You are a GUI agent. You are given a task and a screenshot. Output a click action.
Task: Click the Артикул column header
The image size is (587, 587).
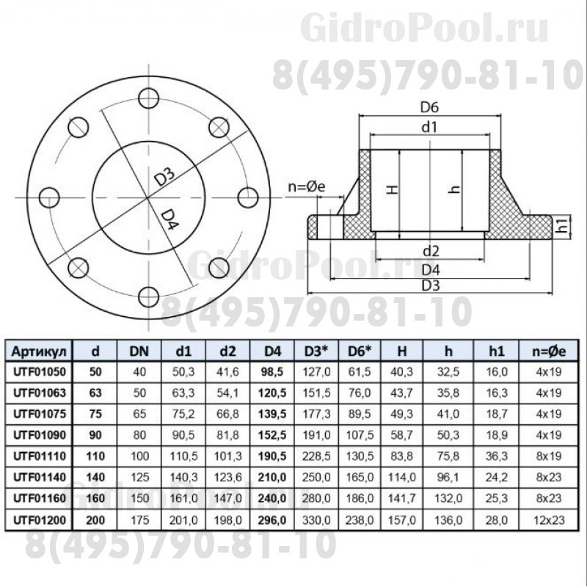pyautogui.click(x=39, y=351)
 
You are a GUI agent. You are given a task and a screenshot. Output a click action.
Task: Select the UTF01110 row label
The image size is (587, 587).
pyautogui.click(x=40, y=456)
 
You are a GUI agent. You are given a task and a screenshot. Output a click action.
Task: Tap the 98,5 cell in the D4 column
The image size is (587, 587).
pyautogui.click(x=272, y=372)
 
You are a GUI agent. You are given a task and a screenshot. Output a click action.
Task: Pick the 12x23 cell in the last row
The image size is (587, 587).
pyautogui.click(x=549, y=519)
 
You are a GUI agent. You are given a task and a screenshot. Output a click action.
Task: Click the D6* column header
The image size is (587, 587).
pyautogui.click(x=360, y=351)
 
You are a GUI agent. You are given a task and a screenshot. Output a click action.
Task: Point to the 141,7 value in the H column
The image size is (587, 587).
pyautogui.click(x=401, y=498)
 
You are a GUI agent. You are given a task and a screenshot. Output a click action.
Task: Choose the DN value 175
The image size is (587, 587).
pyautogui.click(x=139, y=519)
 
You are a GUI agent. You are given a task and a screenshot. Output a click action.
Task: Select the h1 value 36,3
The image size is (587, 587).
pyautogui.click(x=497, y=456)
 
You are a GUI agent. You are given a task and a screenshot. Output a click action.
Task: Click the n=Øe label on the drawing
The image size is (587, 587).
pyautogui.click(x=307, y=186)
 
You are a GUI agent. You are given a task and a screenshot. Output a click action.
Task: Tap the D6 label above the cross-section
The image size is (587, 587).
pyautogui.click(x=429, y=107)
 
